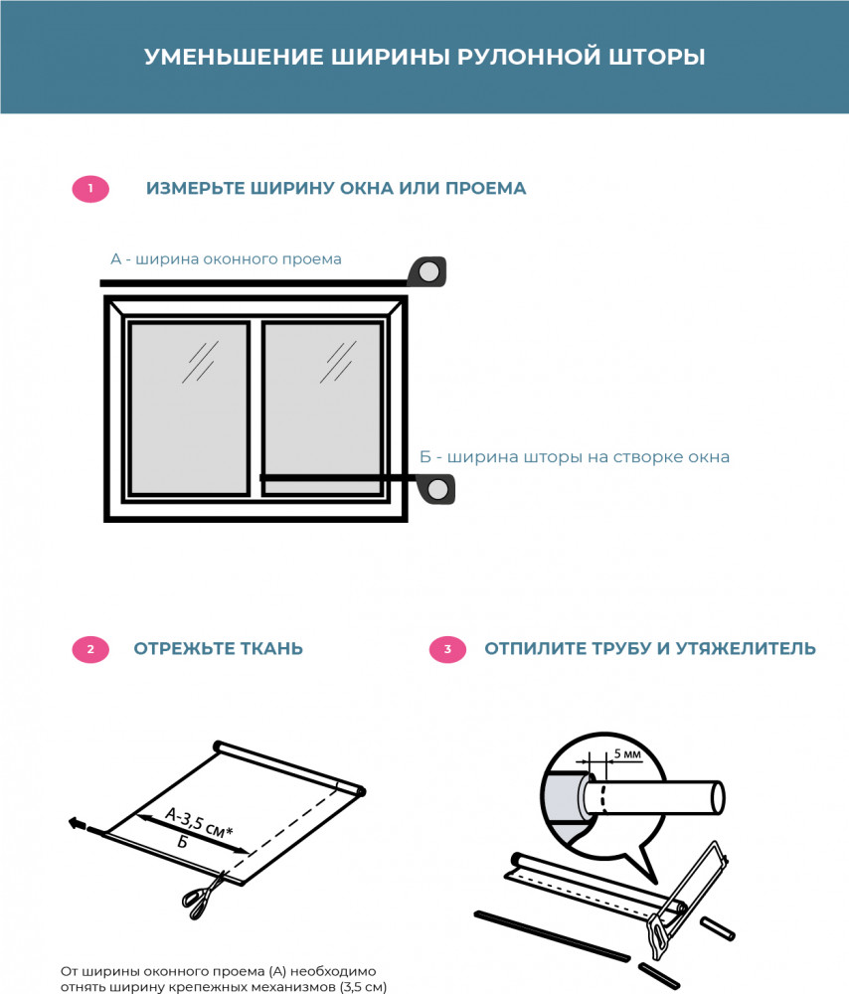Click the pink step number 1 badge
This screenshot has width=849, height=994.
(x=90, y=189)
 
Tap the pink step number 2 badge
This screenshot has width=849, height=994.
(x=90, y=650)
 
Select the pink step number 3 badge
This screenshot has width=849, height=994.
(x=447, y=650)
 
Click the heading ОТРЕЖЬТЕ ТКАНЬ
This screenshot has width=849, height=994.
(x=219, y=649)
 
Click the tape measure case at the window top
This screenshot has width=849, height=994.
(x=428, y=272)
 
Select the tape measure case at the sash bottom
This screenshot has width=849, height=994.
(x=436, y=489)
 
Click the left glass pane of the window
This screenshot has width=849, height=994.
(x=188, y=407)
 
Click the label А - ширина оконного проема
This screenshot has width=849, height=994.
(x=226, y=259)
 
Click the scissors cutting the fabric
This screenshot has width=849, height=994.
(x=203, y=889)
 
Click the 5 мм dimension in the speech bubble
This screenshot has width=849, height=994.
(x=627, y=754)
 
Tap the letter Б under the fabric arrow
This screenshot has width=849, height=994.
(x=182, y=842)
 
